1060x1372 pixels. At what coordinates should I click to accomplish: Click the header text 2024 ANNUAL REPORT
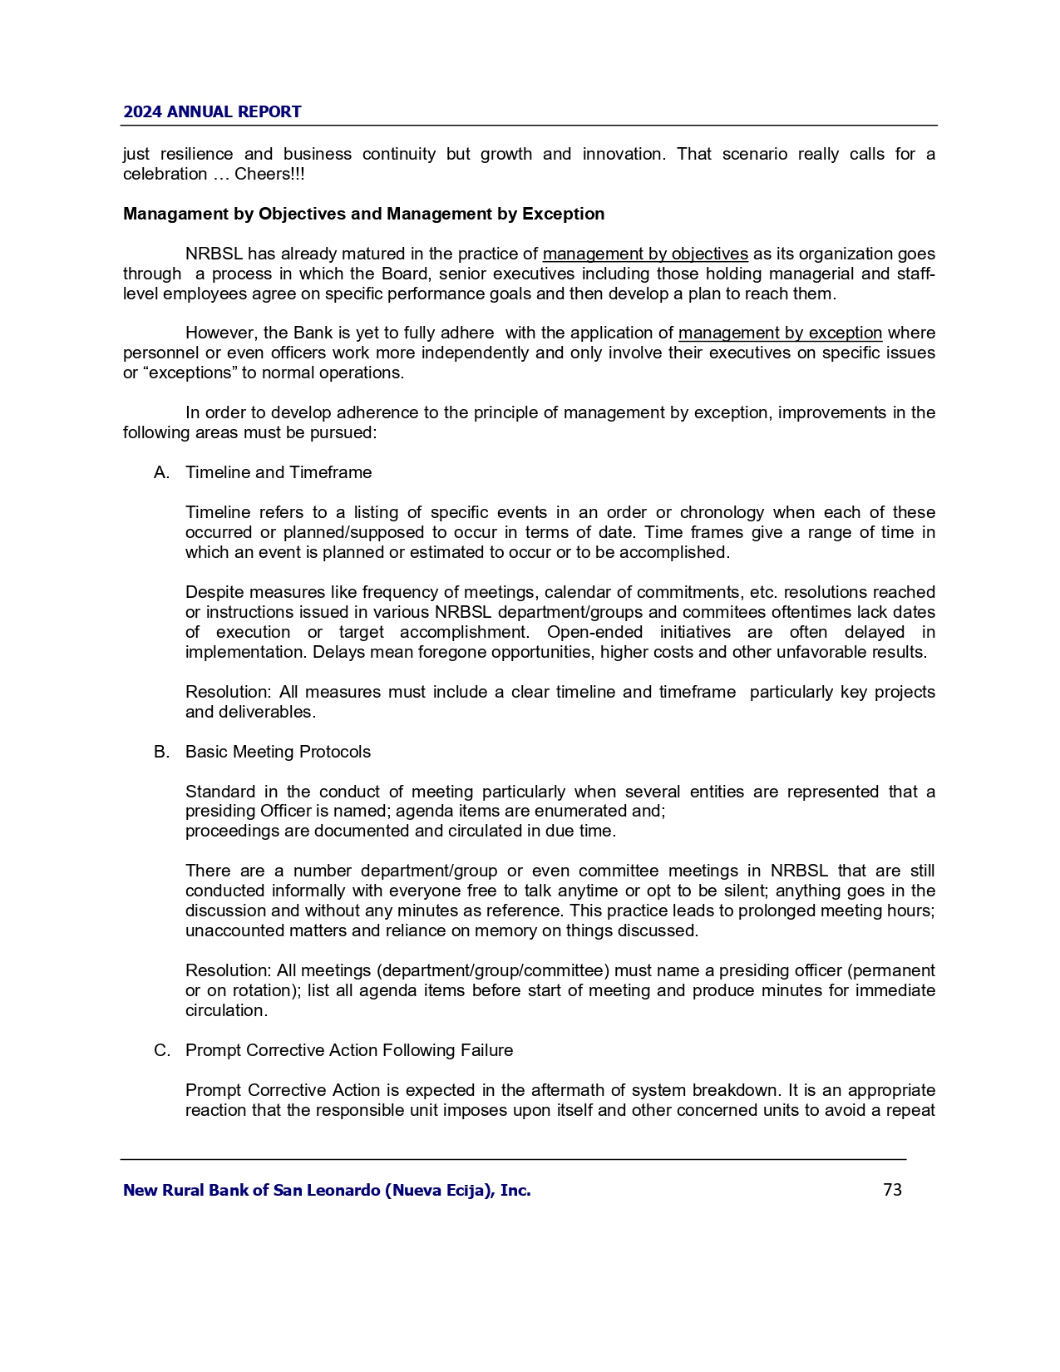212,112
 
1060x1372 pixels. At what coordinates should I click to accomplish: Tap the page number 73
892,1190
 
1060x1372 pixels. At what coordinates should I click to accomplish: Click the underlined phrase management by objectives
645,254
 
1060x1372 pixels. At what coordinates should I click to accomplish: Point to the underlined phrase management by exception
780,333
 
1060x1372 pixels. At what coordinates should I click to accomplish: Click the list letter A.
161,472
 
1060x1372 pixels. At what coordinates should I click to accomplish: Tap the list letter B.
161,752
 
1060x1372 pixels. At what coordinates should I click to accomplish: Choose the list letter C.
161,1050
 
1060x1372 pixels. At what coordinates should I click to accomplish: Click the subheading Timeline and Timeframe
279,472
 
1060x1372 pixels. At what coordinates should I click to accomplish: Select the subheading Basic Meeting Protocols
278,752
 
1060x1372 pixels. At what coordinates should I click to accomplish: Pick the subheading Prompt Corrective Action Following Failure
349,1050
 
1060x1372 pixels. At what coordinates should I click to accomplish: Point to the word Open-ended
594,632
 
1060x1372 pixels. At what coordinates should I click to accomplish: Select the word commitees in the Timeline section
725,612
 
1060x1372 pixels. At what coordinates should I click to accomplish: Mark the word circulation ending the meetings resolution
226,1010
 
